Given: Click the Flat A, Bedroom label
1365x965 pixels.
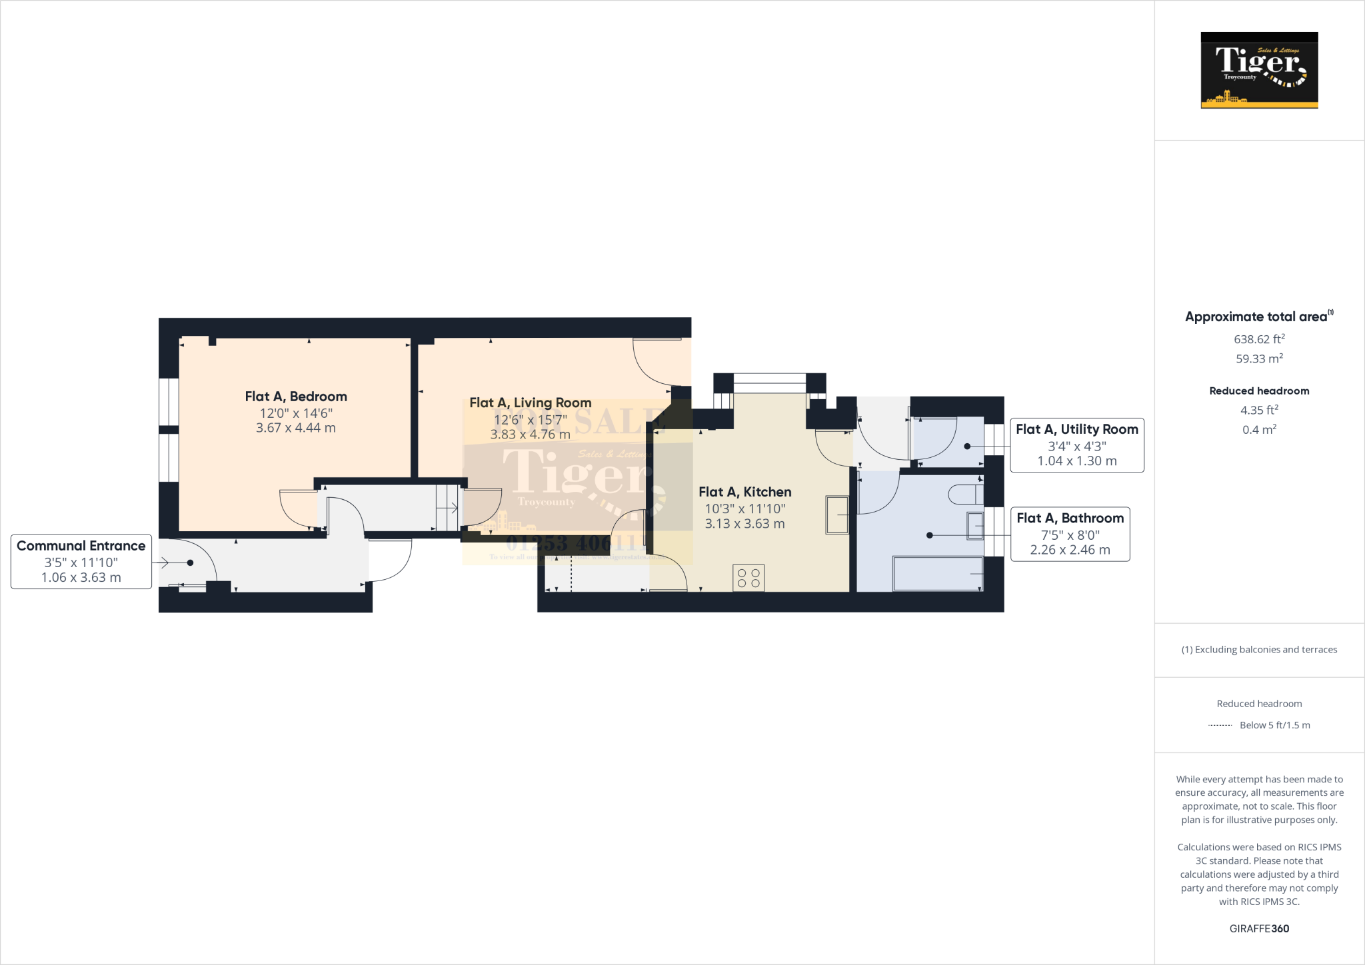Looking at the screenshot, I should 296,397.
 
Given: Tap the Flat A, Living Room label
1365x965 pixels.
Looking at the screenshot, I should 531,403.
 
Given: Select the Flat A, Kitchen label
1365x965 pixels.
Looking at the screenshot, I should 745,492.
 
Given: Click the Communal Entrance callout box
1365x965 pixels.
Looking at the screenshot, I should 81,562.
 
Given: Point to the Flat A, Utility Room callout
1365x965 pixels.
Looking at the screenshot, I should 1077,445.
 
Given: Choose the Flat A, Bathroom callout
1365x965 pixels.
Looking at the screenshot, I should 1070,534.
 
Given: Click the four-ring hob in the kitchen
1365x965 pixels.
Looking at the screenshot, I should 748,578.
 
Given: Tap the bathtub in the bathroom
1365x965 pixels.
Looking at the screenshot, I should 937,574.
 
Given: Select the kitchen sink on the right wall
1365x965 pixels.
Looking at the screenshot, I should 837,514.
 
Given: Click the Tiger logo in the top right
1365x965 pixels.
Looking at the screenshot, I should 1259,70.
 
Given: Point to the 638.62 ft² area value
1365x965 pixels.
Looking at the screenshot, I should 1259,339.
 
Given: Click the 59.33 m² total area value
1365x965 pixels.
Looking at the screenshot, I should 1259,359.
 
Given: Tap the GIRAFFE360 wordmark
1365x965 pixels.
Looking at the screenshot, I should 1259,928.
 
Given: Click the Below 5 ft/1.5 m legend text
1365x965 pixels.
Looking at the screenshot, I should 1274,725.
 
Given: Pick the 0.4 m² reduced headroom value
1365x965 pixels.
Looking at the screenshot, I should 1259,430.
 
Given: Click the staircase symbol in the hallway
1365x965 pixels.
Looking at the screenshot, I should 447,508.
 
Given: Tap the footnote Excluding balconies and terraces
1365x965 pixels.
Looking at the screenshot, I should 1259,650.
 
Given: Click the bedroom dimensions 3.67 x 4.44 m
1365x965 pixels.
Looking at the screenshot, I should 296,428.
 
